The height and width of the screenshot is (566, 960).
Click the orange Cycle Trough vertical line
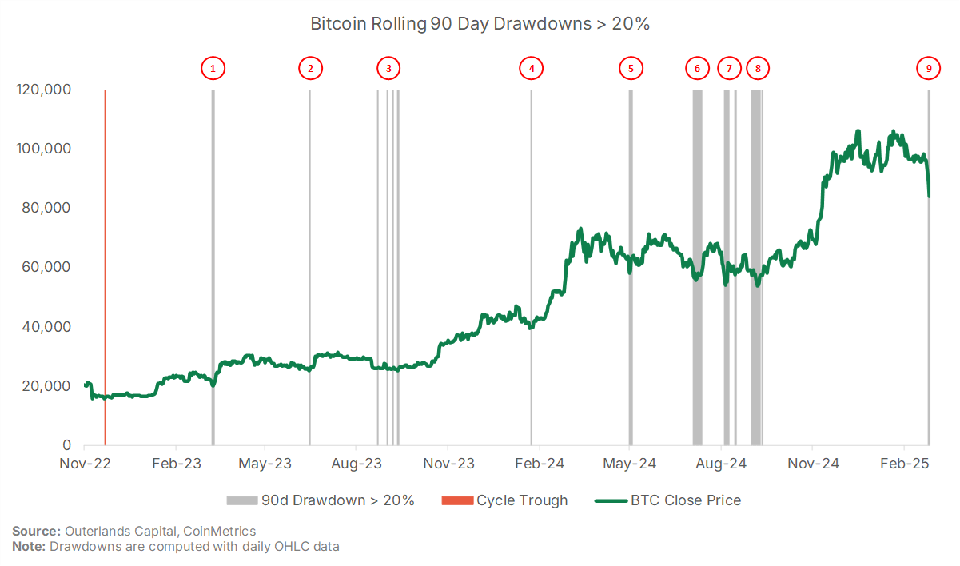(x=105, y=267)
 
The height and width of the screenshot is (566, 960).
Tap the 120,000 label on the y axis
(x=43, y=90)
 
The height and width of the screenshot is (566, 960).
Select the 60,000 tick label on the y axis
(x=46, y=267)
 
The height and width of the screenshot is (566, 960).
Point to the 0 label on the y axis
(x=66, y=445)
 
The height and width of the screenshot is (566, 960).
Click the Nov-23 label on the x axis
(x=448, y=464)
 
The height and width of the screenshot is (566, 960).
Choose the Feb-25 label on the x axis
(x=905, y=464)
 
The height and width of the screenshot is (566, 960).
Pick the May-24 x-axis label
(x=630, y=464)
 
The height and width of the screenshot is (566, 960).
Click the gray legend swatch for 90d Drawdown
(x=242, y=500)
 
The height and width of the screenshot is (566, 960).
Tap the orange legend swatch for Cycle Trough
(x=457, y=500)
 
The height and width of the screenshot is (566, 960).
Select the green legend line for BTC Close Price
(x=611, y=500)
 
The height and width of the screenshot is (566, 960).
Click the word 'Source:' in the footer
(x=37, y=532)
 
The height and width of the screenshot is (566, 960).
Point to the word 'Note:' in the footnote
(x=29, y=547)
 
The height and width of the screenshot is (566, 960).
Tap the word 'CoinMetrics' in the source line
(x=220, y=532)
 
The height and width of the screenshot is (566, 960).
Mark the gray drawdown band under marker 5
(x=631, y=267)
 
